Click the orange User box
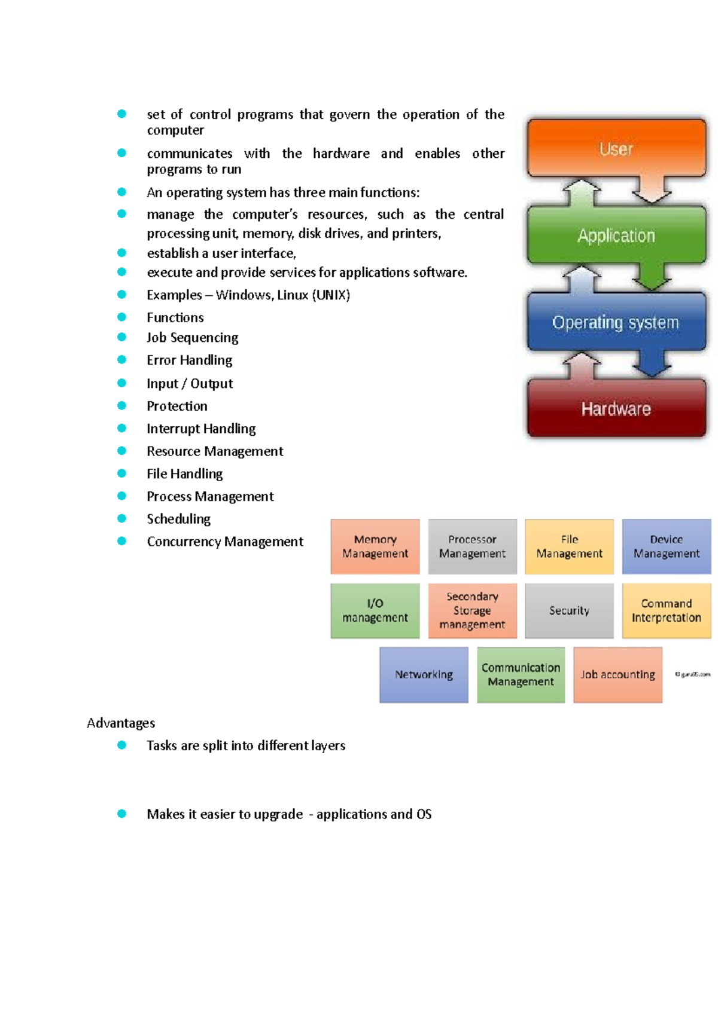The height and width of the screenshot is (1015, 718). pyautogui.click(x=616, y=148)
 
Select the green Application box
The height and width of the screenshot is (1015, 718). pyautogui.click(x=616, y=236)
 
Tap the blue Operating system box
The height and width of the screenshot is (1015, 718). pyautogui.click(x=616, y=322)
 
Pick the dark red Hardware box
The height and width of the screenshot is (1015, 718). pyautogui.click(x=616, y=409)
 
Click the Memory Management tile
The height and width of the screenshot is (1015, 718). pyautogui.click(x=375, y=546)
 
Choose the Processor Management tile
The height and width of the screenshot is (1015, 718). pyautogui.click(x=472, y=546)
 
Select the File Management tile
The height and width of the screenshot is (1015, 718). pyautogui.click(x=569, y=546)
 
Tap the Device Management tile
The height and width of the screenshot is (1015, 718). pyautogui.click(x=667, y=546)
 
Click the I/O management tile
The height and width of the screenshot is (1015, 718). pyautogui.click(x=375, y=610)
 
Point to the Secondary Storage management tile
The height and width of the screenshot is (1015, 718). pyautogui.click(x=472, y=610)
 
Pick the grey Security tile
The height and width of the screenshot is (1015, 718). pyautogui.click(x=569, y=610)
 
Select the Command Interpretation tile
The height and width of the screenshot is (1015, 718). pyautogui.click(x=667, y=610)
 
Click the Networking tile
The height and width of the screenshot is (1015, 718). pyautogui.click(x=424, y=674)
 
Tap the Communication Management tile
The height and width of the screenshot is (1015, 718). pyautogui.click(x=521, y=674)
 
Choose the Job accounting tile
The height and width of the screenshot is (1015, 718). pyautogui.click(x=617, y=674)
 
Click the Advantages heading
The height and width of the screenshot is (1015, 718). pyautogui.click(x=121, y=723)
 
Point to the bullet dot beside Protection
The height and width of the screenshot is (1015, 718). pyautogui.click(x=122, y=406)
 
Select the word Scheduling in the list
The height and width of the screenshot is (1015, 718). pyautogui.click(x=179, y=519)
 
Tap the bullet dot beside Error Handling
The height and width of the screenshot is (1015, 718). pyautogui.click(x=122, y=360)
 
